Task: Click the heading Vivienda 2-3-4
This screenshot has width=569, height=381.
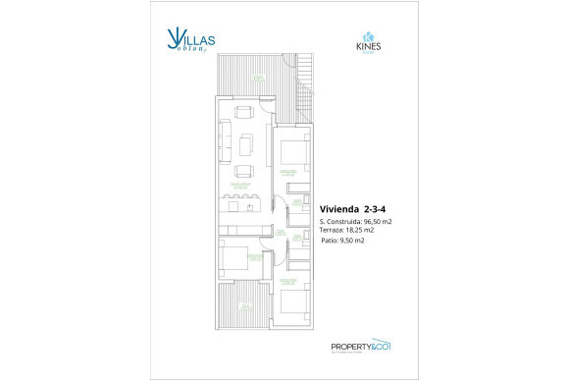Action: pyautogui.click(x=354, y=207)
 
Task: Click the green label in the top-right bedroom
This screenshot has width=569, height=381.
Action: pyautogui.click(x=288, y=172)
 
